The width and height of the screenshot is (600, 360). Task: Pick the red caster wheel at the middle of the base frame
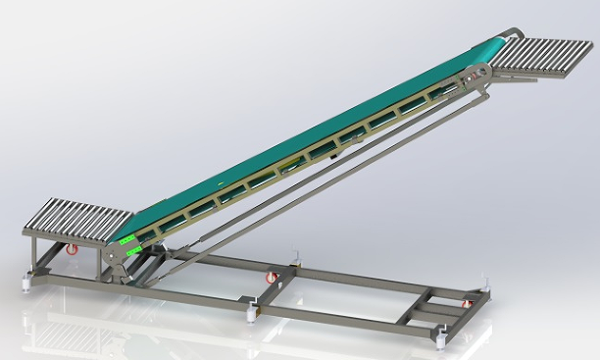coord(272,279)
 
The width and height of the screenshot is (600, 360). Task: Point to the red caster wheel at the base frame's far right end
coord(464,306)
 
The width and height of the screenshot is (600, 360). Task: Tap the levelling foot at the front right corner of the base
coord(440,338)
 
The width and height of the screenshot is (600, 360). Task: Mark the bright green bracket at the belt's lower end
coord(126,239)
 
